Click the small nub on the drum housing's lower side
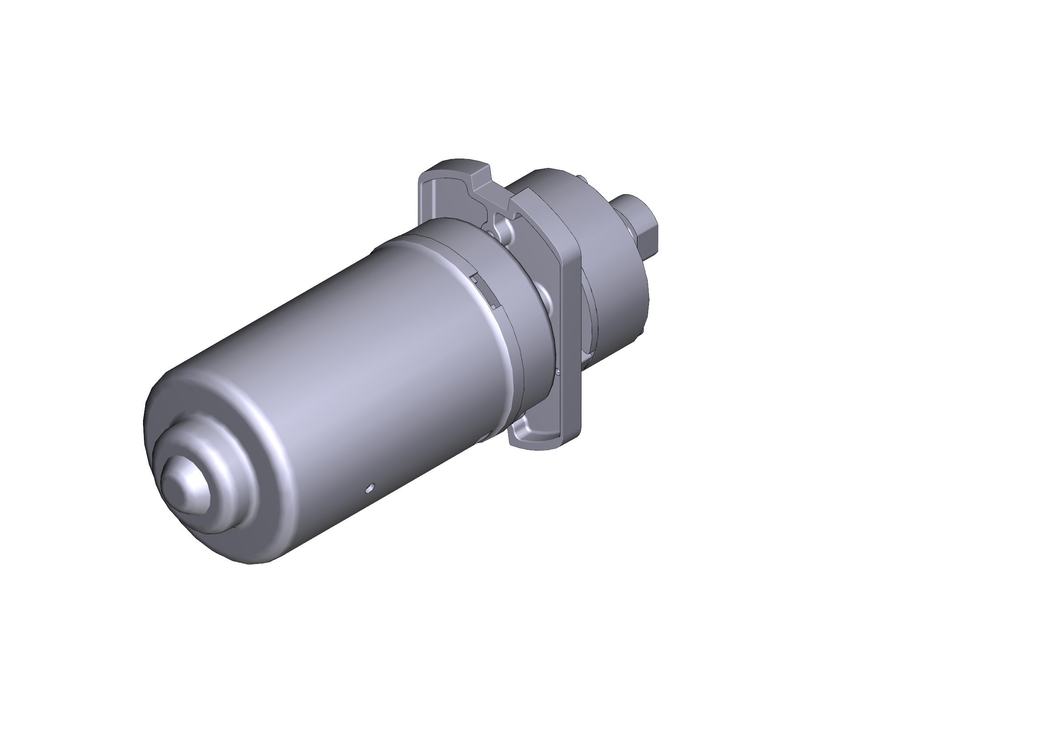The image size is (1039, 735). (x=642, y=333)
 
